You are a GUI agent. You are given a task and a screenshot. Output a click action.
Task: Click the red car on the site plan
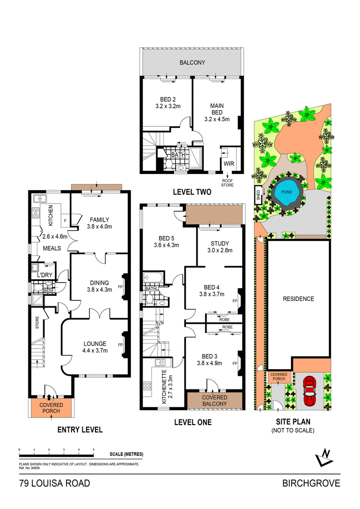[x=310, y=391]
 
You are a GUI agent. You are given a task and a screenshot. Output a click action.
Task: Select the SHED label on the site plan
[x=259, y=195]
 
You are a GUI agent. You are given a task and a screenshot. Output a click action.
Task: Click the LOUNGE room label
[x=94, y=344]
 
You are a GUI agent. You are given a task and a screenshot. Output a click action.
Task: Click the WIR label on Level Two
[x=228, y=163]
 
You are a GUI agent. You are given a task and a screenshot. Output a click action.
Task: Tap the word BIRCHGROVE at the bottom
[x=311, y=484]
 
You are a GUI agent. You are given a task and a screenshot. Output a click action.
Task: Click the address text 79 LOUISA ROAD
[x=54, y=484]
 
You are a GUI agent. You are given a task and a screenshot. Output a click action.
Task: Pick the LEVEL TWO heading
[x=192, y=192]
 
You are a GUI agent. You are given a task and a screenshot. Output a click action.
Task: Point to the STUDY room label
[x=220, y=244]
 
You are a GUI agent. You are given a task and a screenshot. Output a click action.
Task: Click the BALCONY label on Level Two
[x=192, y=63]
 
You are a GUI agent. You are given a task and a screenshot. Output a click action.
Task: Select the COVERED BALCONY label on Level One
[x=214, y=401]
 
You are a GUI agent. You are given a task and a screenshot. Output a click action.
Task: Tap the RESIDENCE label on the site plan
[x=298, y=299]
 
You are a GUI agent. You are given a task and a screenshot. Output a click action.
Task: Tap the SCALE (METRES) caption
[x=126, y=454]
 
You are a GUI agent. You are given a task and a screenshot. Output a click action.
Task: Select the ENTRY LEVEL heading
[x=80, y=429]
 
